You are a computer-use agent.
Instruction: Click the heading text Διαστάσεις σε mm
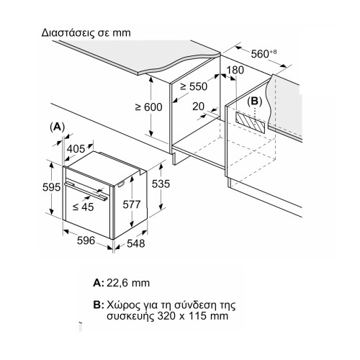86,33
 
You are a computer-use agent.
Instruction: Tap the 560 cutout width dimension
264,54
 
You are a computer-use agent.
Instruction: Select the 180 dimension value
235,70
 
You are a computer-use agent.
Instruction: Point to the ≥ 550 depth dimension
194,86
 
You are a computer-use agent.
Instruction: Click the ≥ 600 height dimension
149,107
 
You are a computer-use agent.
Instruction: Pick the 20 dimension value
198,107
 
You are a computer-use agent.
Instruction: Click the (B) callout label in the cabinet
254,102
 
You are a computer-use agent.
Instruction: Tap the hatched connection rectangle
251,122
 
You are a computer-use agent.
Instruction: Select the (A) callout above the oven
57,127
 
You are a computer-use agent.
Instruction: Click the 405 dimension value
76,149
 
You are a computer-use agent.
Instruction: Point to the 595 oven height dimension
51,187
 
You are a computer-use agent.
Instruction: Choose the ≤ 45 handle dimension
83,207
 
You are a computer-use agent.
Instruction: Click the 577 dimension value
132,204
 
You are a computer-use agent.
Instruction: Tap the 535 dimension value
161,184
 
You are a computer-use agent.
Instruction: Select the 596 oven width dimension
86,240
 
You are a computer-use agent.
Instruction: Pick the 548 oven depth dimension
136,243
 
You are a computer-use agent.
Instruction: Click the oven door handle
86,191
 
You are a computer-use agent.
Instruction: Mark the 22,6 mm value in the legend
128,283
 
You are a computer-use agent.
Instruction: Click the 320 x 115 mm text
193,316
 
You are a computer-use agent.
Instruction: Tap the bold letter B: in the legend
99,305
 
